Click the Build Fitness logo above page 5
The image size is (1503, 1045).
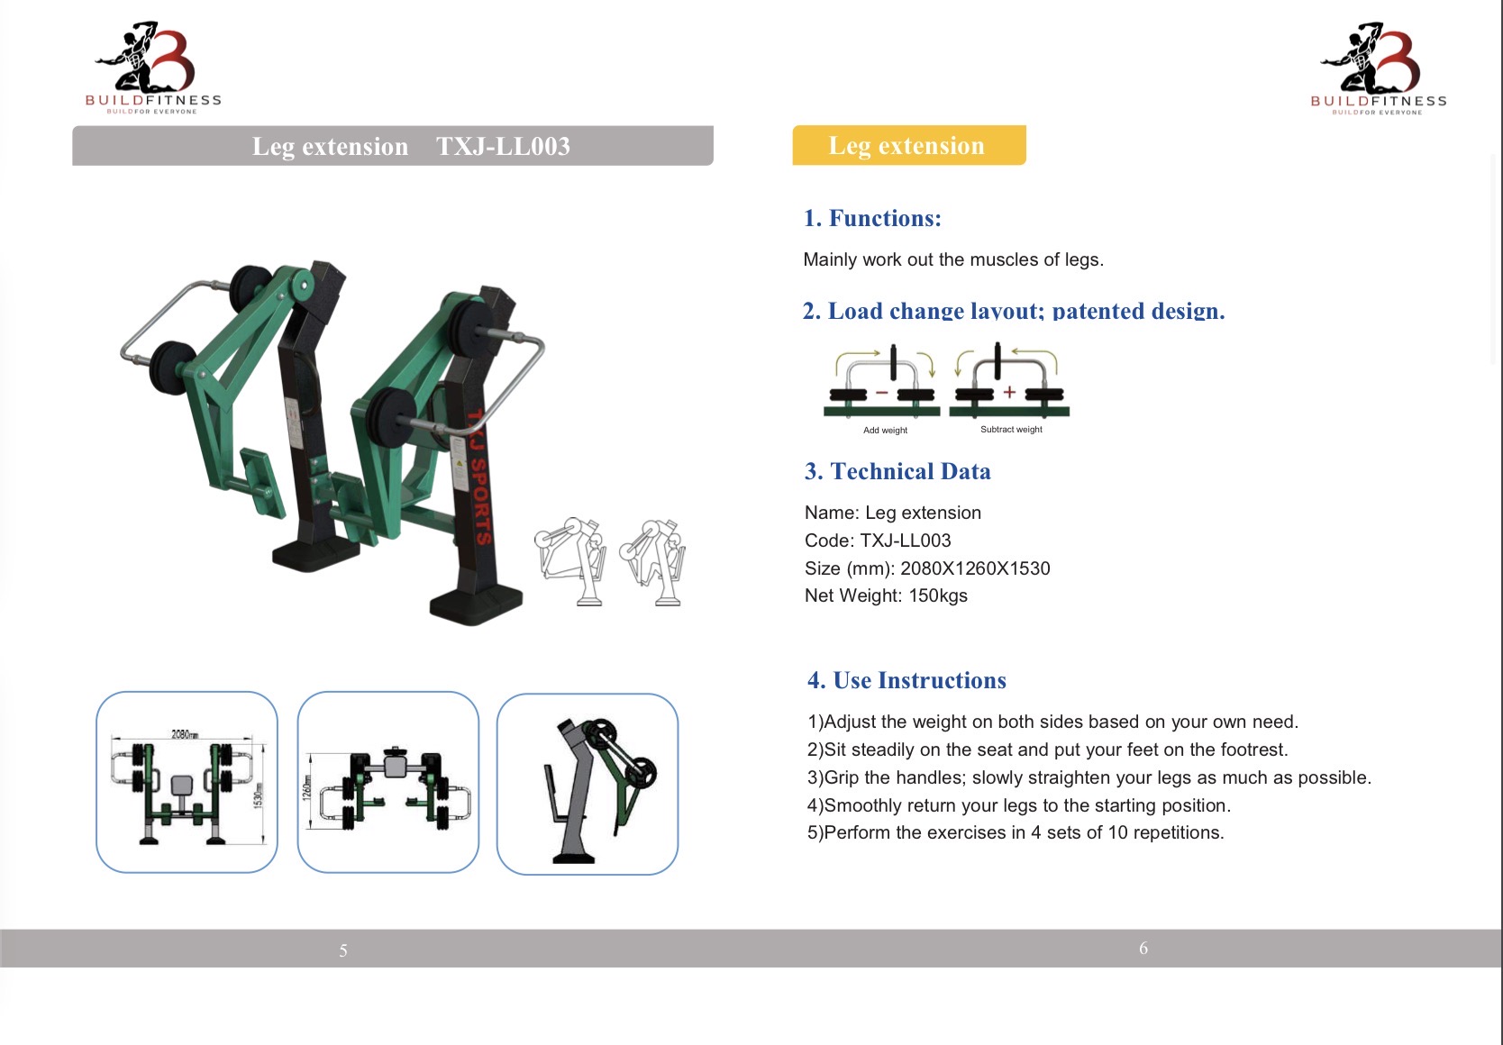pyautogui.click(x=153, y=67)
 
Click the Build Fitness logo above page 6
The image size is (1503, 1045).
pyautogui.click(x=1378, y=68)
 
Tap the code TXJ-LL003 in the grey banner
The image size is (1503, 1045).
pyautogui.click(x=503, y=146)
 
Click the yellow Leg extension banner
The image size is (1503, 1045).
pyautogui.click(x=909, y=145)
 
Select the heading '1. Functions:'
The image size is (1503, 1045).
pyautogui.click(x=872, y=218)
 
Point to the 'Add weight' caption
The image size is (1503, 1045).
pyautogui.click(x=885, y=430)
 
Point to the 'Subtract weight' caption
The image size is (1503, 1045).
pyautogui.click(x=1011, y=430)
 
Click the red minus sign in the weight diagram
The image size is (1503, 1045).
pyautogui.click(x=881, y=393)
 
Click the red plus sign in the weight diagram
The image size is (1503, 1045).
pyautogui.click(x=1009, y=393)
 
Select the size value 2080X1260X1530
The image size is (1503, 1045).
pyautogui.click(x=975, y=568)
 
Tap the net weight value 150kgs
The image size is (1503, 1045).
pyautogui.click(x=937, y=595)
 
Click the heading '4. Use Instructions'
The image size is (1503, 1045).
pyautogui.click(x=906, y=680)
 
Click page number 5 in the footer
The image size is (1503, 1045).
pyautogui.click(x=343, y=950)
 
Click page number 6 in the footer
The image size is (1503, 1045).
pyautogui.click(x=1143, y=948)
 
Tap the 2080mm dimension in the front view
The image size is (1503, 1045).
pyautogui.click(x=185, y=734)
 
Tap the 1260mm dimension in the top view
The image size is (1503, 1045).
pyautogui.click(x=307, y=786)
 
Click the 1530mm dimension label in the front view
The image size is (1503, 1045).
pyautogui.click(x=258, y=795)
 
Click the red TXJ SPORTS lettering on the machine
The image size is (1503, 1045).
pyautogui.click(x=480, y=477)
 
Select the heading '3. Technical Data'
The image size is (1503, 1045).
pyautogui.click(x=897, y=471)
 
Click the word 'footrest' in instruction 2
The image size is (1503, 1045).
pyautogui.click(x=1253, y=750)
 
